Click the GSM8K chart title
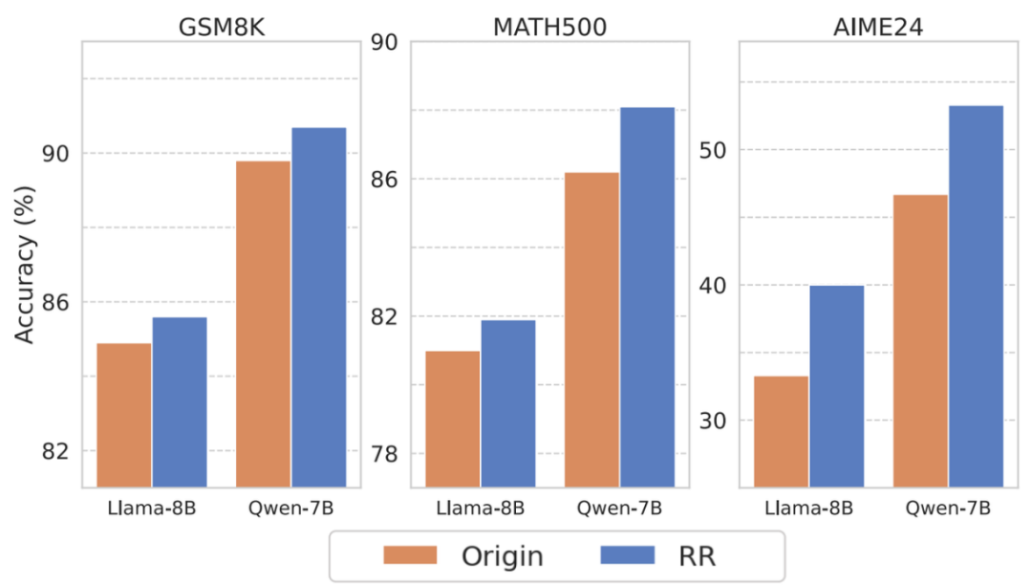pos(221,26)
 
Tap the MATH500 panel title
pos(549,26)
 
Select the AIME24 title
pos(878,26)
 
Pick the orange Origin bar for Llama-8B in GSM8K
pos(123,415)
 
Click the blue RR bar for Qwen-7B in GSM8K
pos(318,307)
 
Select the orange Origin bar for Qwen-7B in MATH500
pos(591,330)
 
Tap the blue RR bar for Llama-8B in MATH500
pos(507,403)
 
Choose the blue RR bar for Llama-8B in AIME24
pos(836,386)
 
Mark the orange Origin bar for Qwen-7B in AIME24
pos(920,340)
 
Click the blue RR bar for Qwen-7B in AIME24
pos(976,296)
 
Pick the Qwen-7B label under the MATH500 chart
pos(619,508)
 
